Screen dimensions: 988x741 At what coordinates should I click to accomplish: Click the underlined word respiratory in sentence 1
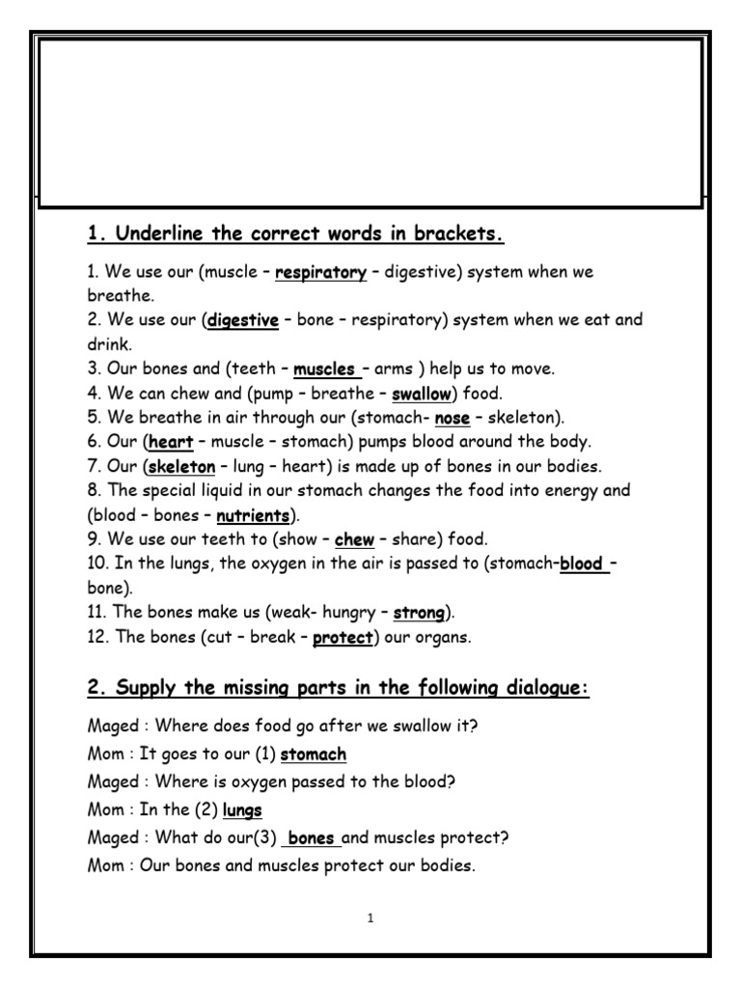click(320, 273)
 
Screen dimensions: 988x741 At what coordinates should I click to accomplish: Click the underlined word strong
click(419, 613)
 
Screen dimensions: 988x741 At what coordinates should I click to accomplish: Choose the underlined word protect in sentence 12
click(343, 637)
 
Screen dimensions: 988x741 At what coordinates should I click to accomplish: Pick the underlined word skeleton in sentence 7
click(181, 467)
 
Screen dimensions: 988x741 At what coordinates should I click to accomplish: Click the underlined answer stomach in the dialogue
click(314, 755)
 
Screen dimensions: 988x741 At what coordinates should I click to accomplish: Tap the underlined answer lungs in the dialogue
click(242, 810)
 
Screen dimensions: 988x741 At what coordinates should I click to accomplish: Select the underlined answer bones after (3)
click(311, 838)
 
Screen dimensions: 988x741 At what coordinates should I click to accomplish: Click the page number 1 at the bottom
click(370, 919)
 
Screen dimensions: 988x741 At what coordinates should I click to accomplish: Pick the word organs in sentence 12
click(447, 637)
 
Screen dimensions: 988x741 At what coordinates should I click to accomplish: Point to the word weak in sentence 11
click(269, 613)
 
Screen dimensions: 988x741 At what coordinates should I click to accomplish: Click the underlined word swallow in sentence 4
click(422, 394)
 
